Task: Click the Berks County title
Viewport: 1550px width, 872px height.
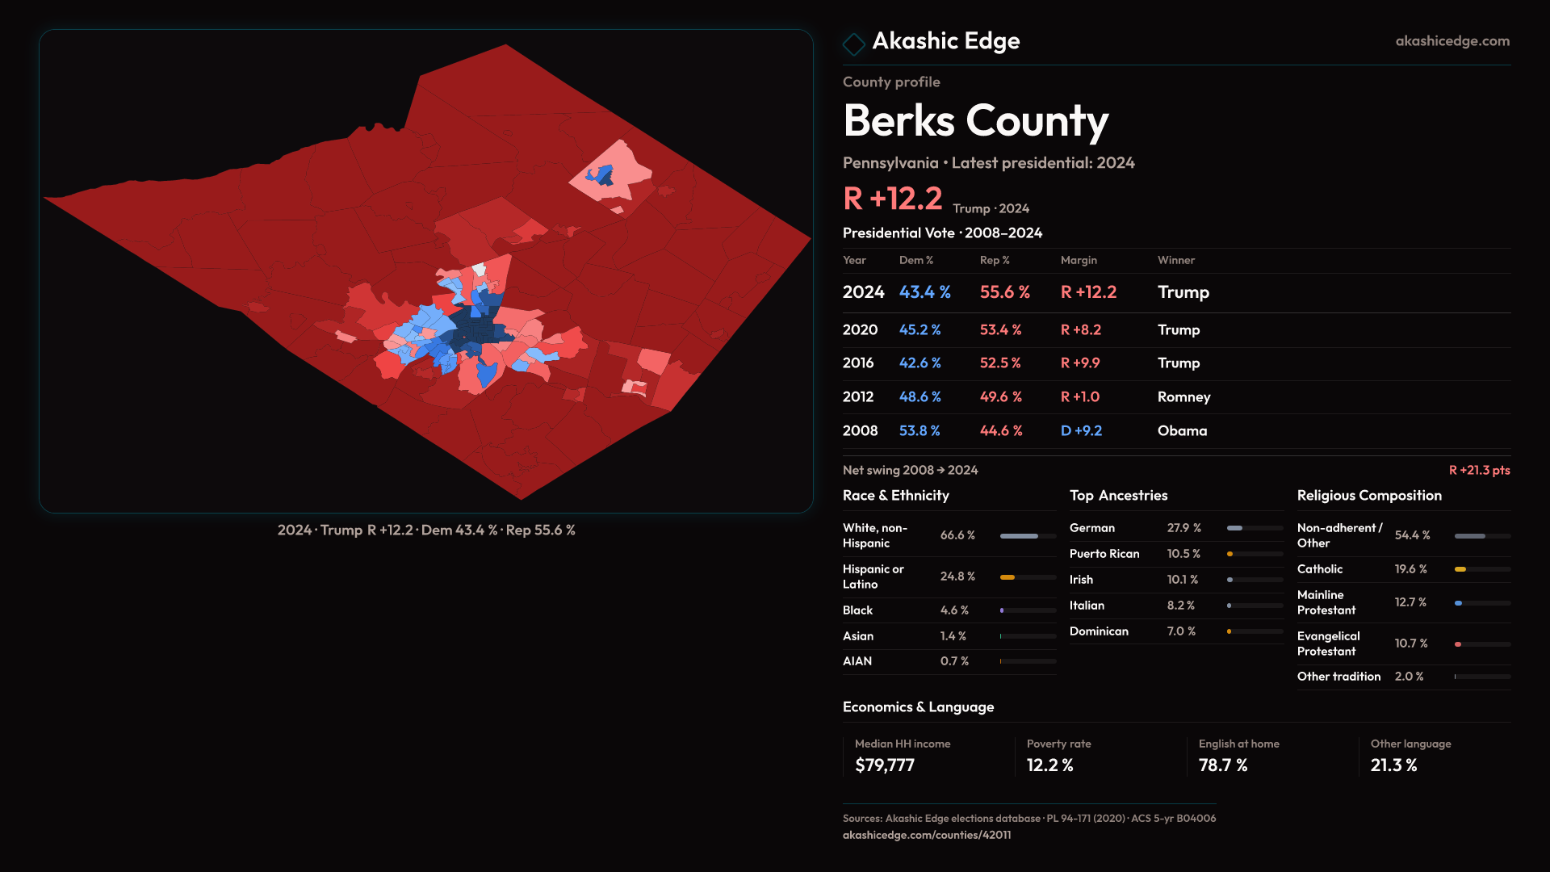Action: coord(975,121)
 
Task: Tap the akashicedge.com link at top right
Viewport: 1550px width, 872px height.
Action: coord(1452,41)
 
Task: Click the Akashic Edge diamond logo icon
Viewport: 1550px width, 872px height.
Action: coord(853,43)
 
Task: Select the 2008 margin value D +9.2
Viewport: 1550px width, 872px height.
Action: coord(1081,431)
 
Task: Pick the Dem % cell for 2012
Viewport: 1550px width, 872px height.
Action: coord(920,397)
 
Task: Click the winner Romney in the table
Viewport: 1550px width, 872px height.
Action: coord(1183,397)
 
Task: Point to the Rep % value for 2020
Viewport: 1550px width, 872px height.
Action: coord(1000,330)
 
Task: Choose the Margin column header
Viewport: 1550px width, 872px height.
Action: coord(1079,260)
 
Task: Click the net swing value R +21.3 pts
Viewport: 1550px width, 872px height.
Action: coord(1479,471)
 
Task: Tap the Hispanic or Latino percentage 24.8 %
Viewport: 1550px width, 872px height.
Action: coord(957,576)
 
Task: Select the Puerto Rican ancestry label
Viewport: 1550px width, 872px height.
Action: coord(1104,554)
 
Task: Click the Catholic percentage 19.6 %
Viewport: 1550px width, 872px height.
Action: coord(1410,569)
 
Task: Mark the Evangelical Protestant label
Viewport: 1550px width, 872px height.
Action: coord(1328,644)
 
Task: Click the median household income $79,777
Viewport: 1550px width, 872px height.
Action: coord(885,765)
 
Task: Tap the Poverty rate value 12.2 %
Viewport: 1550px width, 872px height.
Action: coord(1049,765)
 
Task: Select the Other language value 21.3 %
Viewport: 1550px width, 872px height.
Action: coord(1393,765)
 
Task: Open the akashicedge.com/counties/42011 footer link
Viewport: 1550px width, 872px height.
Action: coord(926,835)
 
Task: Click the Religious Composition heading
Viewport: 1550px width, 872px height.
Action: coord(1369,496)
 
